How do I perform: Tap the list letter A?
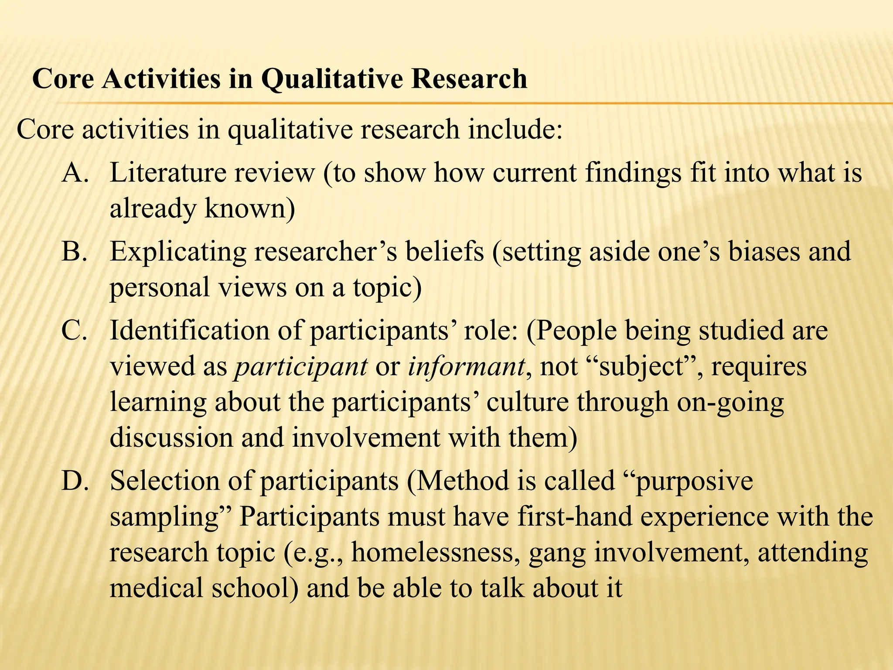pyautogui.click(x=75, y=173)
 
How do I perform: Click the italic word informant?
pyautogui.click(x=466, y=366)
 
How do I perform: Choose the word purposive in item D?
pyautogui.click(x=694, y=482)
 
